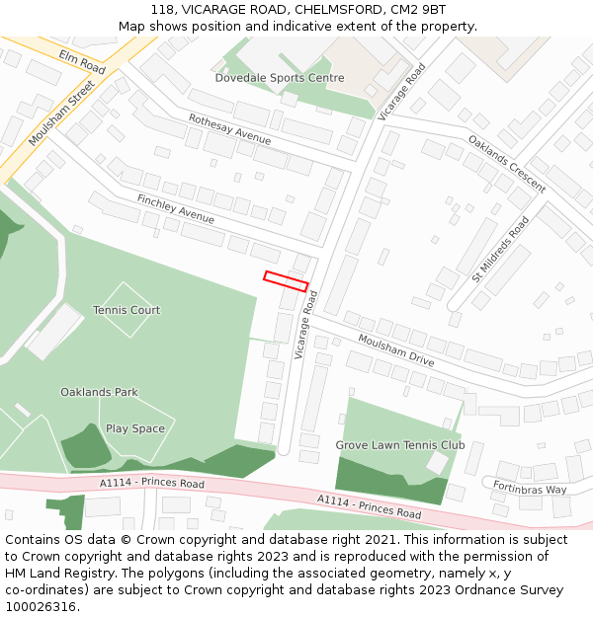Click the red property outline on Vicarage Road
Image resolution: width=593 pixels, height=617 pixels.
pyautogui.click(x=286, y=280)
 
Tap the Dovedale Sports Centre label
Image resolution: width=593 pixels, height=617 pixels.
pyautogui.click(x=280, y=78)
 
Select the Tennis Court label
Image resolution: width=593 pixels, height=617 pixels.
pyautogui.click(x=127, y=310)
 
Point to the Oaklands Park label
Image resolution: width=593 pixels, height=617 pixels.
pyautogui.click(x=99, y=392)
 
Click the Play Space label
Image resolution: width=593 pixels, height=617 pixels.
pyautogui.click(x=135, y=428)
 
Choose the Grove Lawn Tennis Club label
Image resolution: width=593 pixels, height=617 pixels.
pyautogui.click(x=399, y=445)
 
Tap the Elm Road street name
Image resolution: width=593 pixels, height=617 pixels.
pyautogui.click(x=82, y=62)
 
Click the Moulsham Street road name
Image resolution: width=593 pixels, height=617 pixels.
pyautogui.click(x=61, y=115)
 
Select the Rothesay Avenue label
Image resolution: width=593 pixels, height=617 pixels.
pyautogui.click(x=229, y=129)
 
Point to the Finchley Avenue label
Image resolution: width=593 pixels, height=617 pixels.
pyautogui.click(x=176, y=208)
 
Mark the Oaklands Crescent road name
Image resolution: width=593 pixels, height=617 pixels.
pyautogui.click(x=507, y=164)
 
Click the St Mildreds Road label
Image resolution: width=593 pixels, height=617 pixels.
pyautogui.click(x=500, y=249)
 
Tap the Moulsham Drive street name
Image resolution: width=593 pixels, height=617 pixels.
pyautogui.click(x=396, y=350)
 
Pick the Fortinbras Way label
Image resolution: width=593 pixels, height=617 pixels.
pyautogui.click(x=531, y=489)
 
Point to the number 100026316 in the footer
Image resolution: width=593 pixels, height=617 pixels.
pyautogui.click(x=41, y=607)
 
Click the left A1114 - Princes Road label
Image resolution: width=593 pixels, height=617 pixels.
pyautogui.click(x=152, y=483)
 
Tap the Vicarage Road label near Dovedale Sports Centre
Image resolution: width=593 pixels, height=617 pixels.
pyautogui.click(x=402, y=92)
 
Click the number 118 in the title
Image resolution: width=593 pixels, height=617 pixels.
pyautogui.click(x=163, y=9)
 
